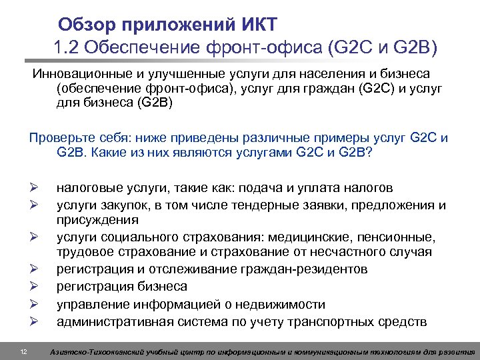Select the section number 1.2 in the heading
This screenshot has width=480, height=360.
point(67,48)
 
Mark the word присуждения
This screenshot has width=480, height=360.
point(97,219)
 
